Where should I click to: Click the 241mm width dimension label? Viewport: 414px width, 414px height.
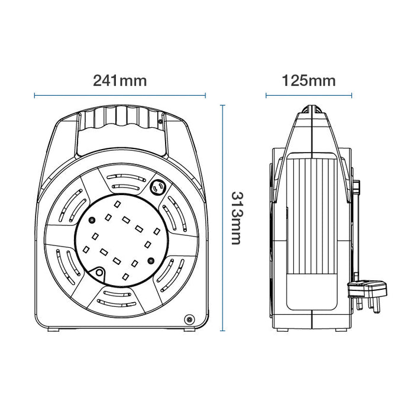120,80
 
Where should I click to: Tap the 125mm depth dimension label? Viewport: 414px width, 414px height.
309,80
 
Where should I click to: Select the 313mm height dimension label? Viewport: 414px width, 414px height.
237,218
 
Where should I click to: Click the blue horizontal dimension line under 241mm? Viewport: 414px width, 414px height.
120,96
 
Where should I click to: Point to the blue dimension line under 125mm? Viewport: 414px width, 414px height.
309,96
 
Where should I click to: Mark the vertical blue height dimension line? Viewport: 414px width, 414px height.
223,218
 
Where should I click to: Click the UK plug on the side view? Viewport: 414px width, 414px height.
367,296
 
